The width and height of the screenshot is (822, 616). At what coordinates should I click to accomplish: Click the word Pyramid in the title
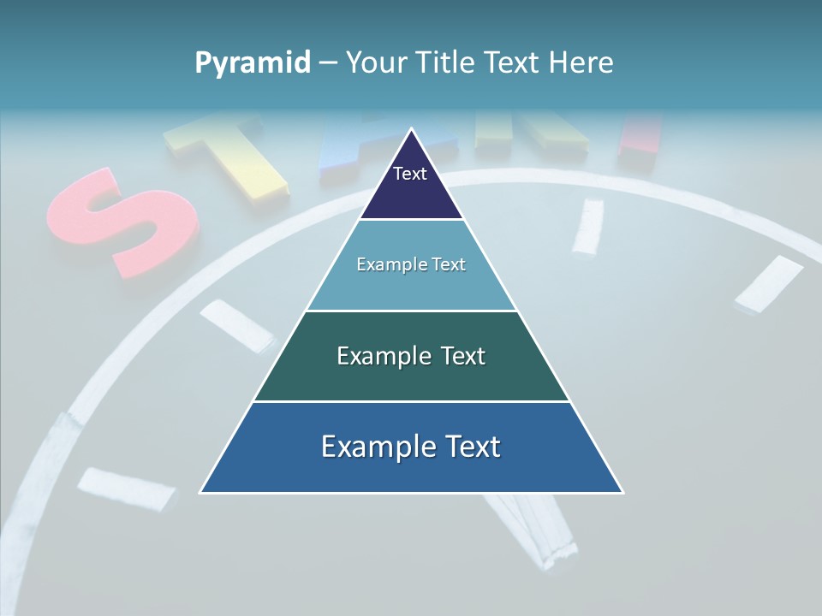[253, 62]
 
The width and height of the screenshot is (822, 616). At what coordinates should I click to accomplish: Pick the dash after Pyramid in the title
[328, 63]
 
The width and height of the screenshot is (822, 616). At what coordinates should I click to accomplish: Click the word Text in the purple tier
[410, 174]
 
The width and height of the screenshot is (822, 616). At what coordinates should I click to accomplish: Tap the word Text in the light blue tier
[447, 264]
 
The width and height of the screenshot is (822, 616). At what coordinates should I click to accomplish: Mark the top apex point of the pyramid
[411, 129]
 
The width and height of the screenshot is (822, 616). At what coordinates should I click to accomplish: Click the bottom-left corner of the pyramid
[201, 492]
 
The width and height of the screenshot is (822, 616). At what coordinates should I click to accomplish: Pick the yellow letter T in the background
[227, 154]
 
